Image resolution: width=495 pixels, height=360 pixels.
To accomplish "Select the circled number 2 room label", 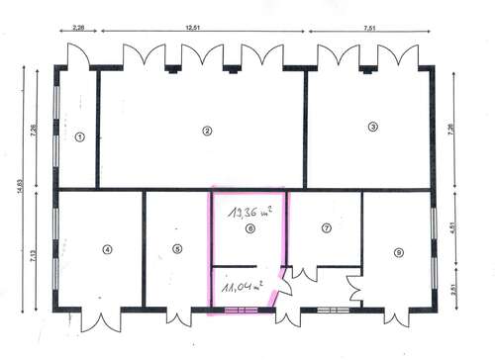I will tap(207, 131).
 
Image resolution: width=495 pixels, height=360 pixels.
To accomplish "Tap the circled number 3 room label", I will tap(372, 127).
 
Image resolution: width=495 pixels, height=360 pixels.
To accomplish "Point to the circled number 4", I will tap(107, 249).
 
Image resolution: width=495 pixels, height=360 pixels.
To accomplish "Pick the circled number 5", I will tap(178, 249).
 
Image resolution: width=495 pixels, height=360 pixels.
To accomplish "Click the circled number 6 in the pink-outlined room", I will tap(249, 229).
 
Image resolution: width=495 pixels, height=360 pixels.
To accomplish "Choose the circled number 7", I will tap(325, 229).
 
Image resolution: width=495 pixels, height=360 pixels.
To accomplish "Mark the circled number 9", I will tap(398, 253).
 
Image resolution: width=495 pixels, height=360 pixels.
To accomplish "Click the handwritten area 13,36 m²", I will tap(247, 210).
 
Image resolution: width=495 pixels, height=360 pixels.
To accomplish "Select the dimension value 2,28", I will tap(78, 29).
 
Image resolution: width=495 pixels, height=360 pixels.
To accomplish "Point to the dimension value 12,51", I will tap(203, 29).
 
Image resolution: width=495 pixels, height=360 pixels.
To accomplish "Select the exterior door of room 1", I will tap(77, 54).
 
